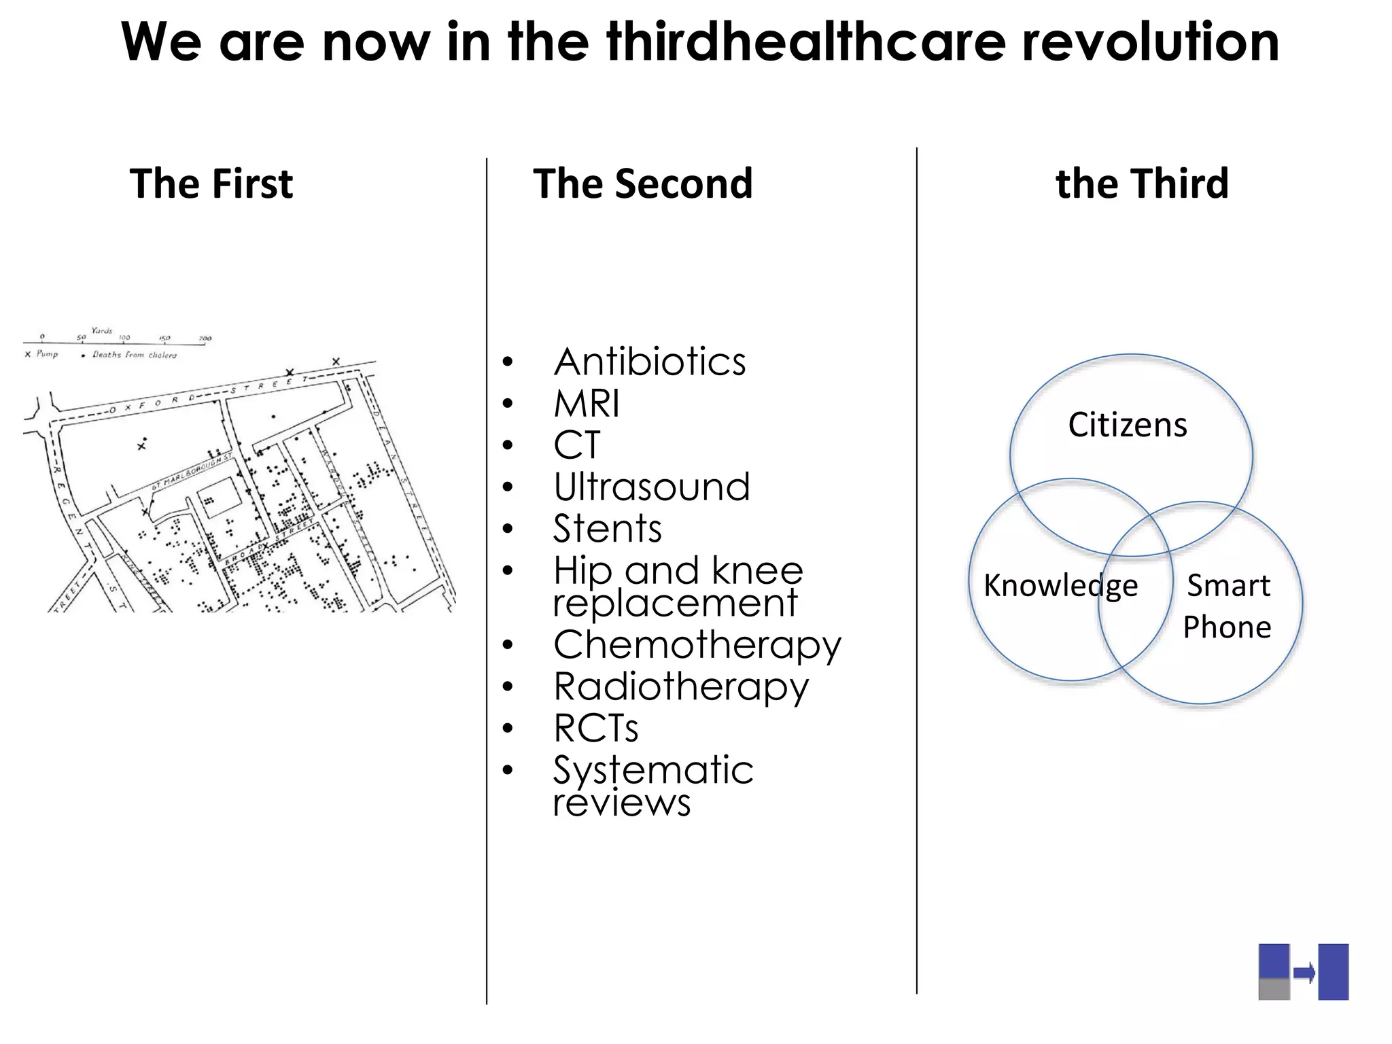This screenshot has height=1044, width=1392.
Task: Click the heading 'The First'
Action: pos(211,184)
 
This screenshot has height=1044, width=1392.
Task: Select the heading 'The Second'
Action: pos(642,184)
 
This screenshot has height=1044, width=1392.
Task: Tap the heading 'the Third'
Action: pos(1142,184)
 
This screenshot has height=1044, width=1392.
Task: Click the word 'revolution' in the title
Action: pos(1150,42)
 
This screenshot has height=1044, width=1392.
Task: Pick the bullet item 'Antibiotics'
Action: pos(649,362)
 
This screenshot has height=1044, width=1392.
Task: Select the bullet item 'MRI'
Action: pos(586,404)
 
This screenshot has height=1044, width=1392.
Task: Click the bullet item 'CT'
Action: pos(577,445)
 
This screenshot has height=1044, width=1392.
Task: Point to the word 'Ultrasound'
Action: pos(651,487)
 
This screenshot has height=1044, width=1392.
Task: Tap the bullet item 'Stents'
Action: pos(607,529)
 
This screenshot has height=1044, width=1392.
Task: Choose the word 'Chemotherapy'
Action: pos(697,645)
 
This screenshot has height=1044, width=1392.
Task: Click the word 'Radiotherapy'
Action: pos(681,686)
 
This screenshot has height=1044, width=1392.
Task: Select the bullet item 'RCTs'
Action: pos(595,729)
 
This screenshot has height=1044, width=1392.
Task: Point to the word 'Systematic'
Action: pos(653,770)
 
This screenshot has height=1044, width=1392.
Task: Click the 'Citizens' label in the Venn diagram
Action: pos(1128,425)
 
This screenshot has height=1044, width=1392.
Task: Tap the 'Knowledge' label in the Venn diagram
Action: pos(1060,585)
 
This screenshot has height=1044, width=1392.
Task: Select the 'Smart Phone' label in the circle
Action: pos(1228,606)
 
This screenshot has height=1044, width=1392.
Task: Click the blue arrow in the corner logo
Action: pos(1304,973)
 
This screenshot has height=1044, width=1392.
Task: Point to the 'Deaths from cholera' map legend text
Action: pos(135,355)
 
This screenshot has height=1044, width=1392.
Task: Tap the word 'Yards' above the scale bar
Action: pos(101,331)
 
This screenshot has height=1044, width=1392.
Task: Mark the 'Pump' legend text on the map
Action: pos(47,354)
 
